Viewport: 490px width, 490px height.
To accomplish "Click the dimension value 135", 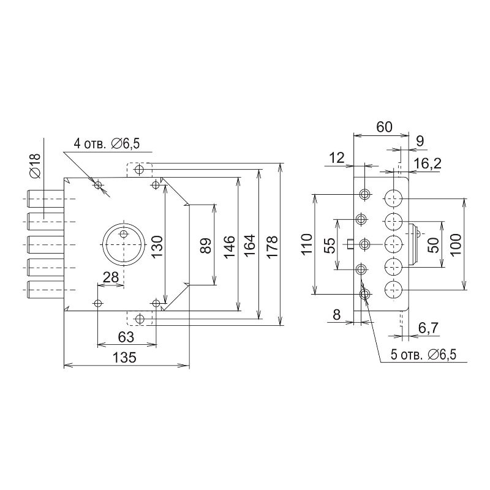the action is [124, 357].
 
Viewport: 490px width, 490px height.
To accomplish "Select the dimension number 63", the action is [126, 337].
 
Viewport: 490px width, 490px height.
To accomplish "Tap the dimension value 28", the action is [111, 277].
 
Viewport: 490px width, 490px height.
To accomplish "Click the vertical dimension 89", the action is [206, 246].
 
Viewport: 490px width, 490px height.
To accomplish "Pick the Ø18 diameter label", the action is [36, 165].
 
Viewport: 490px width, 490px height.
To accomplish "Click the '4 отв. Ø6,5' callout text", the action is [107, 144].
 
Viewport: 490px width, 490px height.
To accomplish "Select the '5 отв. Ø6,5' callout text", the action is [423, 355].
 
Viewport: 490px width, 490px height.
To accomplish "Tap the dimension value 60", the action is [384, 127].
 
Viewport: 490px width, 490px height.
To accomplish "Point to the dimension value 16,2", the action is [427, 163].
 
